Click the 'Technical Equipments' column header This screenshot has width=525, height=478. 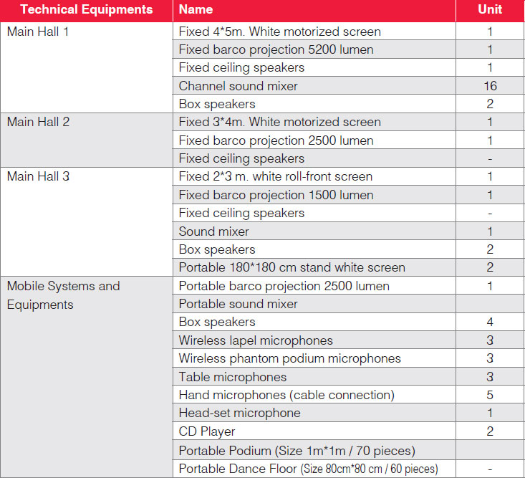tap(87, 9)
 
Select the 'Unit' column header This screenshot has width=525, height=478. tap(490, 9)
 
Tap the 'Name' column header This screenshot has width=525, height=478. tap(196, 9)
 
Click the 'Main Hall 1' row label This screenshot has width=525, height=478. tap(37, 32)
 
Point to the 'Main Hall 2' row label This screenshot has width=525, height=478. tap(38, 122)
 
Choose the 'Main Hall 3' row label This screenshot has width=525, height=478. tap(38, 176)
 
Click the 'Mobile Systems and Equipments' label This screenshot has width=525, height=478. tap(63, 295)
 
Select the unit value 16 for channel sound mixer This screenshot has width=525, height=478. tap(490, 86)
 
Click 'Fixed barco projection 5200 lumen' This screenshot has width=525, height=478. tap(276, 50)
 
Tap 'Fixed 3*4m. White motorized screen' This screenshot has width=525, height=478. tap(279, 122)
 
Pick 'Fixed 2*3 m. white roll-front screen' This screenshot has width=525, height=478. tap(276, 176)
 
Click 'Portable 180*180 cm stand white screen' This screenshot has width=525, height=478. tap(292, 267)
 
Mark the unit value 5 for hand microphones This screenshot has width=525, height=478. tap(490, 396)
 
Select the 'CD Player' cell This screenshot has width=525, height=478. tap(207, 431)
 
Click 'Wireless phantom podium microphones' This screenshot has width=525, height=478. tap(289, 359)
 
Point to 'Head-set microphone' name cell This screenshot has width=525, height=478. tap(239, 413)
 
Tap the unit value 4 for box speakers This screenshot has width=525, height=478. tap(490, 322)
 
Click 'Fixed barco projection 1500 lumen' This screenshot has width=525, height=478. tap(276, 195)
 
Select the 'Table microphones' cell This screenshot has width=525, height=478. tap(233, 377)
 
